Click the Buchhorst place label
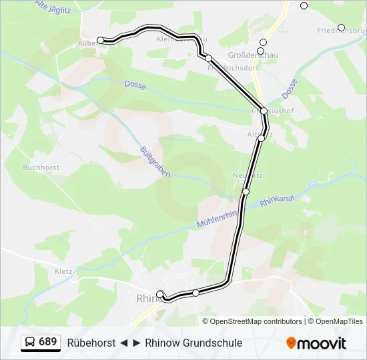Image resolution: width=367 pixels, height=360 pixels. [x=41, y=168]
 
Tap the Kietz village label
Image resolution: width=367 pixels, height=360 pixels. [x=64, y=271]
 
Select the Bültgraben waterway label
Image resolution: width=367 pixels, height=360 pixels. [x=155, y=161]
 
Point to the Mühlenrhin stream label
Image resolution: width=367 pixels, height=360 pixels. [x=218, y=220]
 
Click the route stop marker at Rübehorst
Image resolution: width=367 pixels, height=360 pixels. [x=101, y=41]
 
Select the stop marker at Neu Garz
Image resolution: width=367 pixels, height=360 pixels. [x=246, y=192]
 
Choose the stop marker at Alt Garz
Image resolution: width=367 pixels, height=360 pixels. [x=262, y=138]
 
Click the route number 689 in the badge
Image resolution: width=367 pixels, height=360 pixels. [x=48, y=342]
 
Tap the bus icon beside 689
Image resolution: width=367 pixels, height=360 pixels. [x=30, y=343]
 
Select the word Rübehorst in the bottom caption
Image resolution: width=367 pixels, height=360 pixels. [x=91, y=343]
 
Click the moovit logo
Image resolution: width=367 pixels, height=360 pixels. [x=316, y=343]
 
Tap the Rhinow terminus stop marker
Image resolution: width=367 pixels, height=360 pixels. [x=159, y=294]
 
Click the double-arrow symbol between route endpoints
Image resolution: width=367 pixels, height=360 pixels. [x=130, y=343]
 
